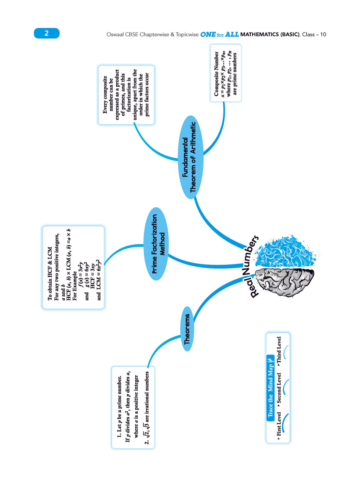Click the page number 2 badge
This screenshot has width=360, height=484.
click(x=46, y=33)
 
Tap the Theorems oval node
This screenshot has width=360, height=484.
click(x=187, y=329)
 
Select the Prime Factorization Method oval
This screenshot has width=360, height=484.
click(x=156, y=244)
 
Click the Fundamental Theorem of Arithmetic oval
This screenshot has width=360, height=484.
click(x=191, y=157)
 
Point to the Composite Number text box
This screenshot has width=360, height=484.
click(x=226, y=73)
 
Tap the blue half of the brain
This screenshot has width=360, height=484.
click(x=285, y=251)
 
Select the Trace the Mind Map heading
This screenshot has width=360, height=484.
click(x=270, y=387)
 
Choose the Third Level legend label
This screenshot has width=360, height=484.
click(x=279, y=351)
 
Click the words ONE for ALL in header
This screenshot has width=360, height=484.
click(x=219, y=34)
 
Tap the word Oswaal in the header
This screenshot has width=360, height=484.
click(x=115, y=34)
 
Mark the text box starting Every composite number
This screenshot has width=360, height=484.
click(x=126, y=95)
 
